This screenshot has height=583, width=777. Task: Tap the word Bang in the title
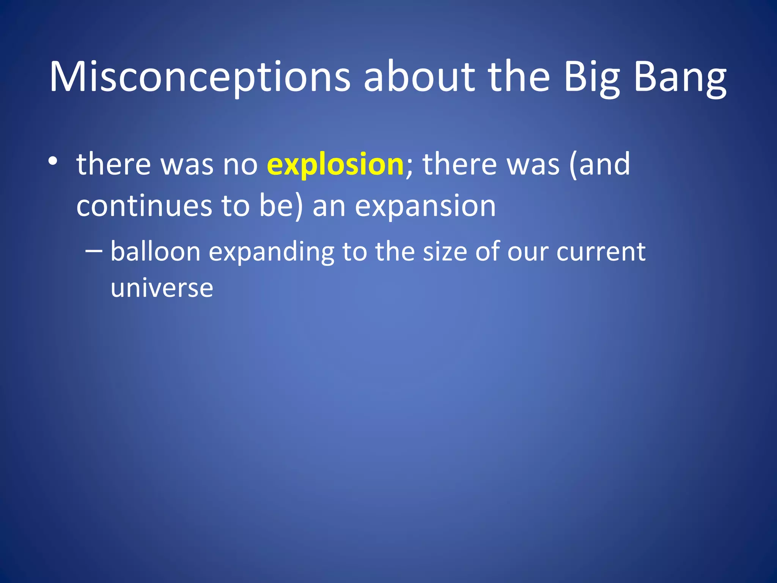point(680,78)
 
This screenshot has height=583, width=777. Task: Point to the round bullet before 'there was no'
point(53,161)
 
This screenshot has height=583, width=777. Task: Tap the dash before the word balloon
point(94,251)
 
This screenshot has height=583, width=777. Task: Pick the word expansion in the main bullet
point(425,206)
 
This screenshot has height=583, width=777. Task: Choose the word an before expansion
point(329,207)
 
